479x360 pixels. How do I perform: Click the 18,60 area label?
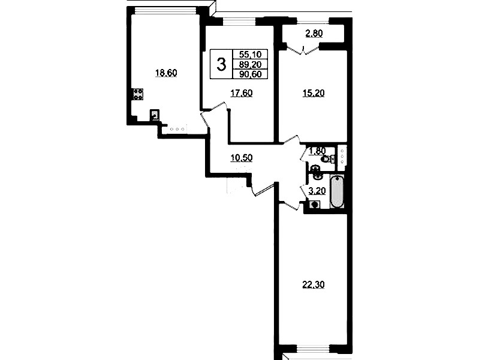(167, 73)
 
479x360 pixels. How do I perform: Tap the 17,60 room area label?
(242, 93)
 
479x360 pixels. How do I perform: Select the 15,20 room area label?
(314, 93)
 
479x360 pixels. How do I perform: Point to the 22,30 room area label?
(314, 285)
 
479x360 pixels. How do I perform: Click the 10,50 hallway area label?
(242, 158)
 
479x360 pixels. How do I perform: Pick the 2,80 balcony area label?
(314, 33)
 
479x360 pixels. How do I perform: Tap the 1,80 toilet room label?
(318, 151)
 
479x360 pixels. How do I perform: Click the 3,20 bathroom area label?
(317, 191)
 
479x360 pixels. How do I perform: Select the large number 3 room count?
(221, 65)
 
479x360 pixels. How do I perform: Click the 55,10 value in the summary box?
(251, 55)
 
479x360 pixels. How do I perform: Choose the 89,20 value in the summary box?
(251, 64)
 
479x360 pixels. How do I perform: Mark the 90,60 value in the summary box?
(251, 74)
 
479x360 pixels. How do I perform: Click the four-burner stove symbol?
(137, 94)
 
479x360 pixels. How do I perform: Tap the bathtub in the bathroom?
(338, 191)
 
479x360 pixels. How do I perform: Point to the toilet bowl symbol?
(327, 159)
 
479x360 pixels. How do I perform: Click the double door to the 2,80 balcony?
(303, 50)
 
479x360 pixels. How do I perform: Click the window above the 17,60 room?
(239, 22)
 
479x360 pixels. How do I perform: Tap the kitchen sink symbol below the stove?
(155, 116)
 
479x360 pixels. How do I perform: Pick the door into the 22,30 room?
(290, 206)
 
